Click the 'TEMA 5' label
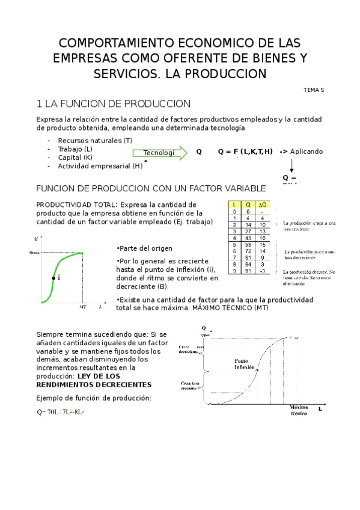313,90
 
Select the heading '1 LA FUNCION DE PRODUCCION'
114,104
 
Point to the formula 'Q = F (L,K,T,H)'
245,152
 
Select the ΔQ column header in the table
262,205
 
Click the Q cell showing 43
248,238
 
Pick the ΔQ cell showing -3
262,271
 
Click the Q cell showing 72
248,251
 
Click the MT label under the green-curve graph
83,307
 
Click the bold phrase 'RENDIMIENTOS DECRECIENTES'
94,384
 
